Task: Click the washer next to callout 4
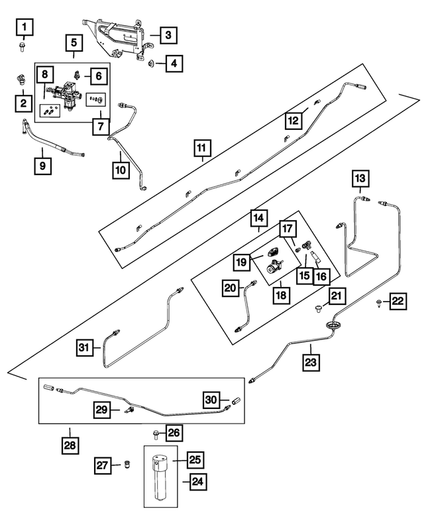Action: click(x=152, y=64)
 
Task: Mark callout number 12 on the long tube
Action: click(x=293, y=120)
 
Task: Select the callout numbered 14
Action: click(x=258, y=217)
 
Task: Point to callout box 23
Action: click(x=311, y=363)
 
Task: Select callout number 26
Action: click(x=173, y=433)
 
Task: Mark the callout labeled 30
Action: click(x=211, y=399)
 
